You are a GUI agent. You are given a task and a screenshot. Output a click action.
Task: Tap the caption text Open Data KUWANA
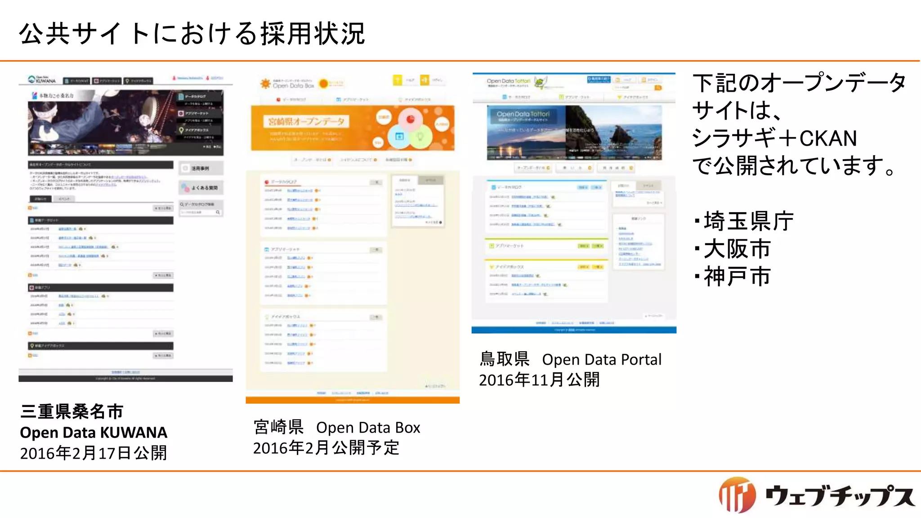(x=94, y=433)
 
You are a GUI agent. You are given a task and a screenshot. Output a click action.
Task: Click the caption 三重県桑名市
(x=72, y=411)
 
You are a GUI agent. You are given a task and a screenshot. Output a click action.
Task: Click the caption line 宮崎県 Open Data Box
(x=337, y=428)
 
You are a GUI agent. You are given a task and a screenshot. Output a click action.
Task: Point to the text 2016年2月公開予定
(x=326, y=448)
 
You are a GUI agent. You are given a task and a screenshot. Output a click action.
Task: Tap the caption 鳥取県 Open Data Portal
(x=570, y=360)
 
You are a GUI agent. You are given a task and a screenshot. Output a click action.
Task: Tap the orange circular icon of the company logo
(x=737, y=495)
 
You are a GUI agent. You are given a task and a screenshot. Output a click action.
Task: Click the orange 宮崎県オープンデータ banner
(x=352, y=128)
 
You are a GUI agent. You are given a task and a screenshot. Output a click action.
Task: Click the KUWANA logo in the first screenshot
(x=43, y=80)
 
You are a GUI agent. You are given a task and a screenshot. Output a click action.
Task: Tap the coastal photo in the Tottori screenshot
(x=613, y=132)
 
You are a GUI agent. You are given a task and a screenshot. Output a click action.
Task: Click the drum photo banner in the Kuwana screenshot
(x=103, y=121)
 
